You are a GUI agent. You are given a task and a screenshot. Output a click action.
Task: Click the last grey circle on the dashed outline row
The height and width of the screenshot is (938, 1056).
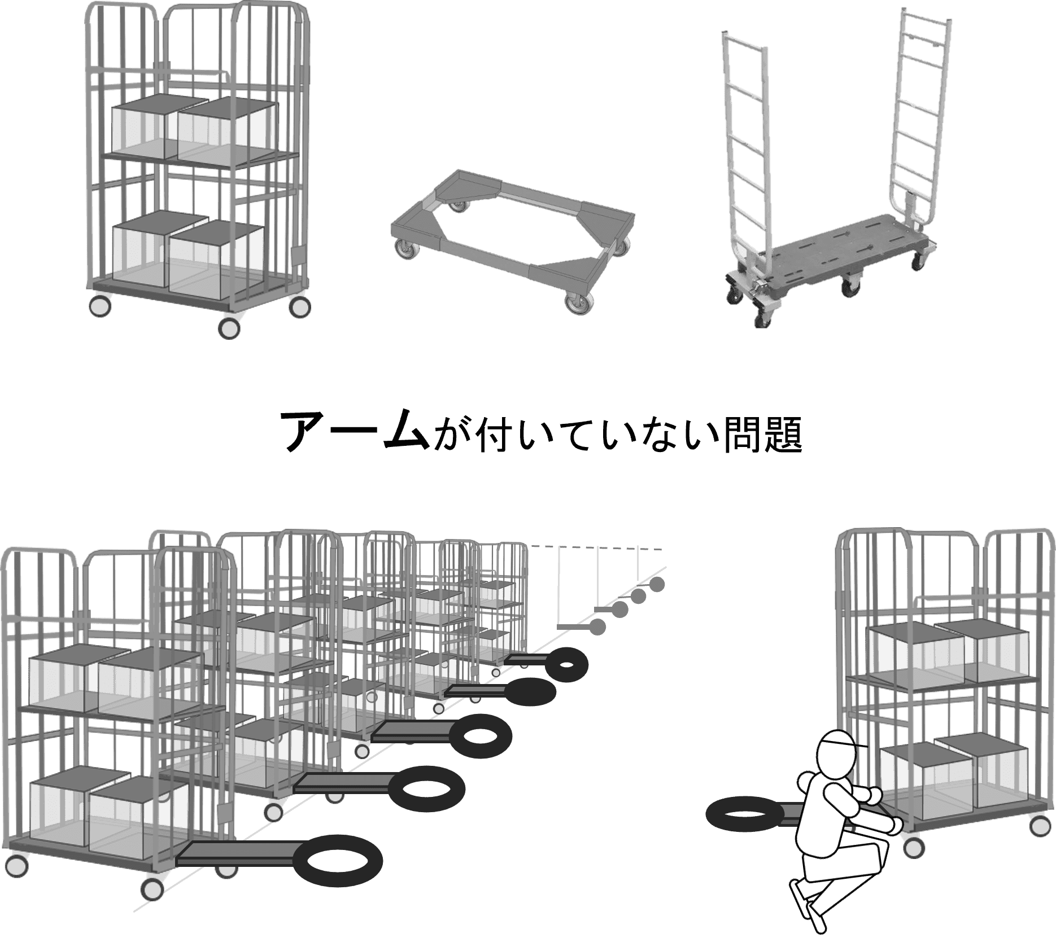(x=657, y=585)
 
